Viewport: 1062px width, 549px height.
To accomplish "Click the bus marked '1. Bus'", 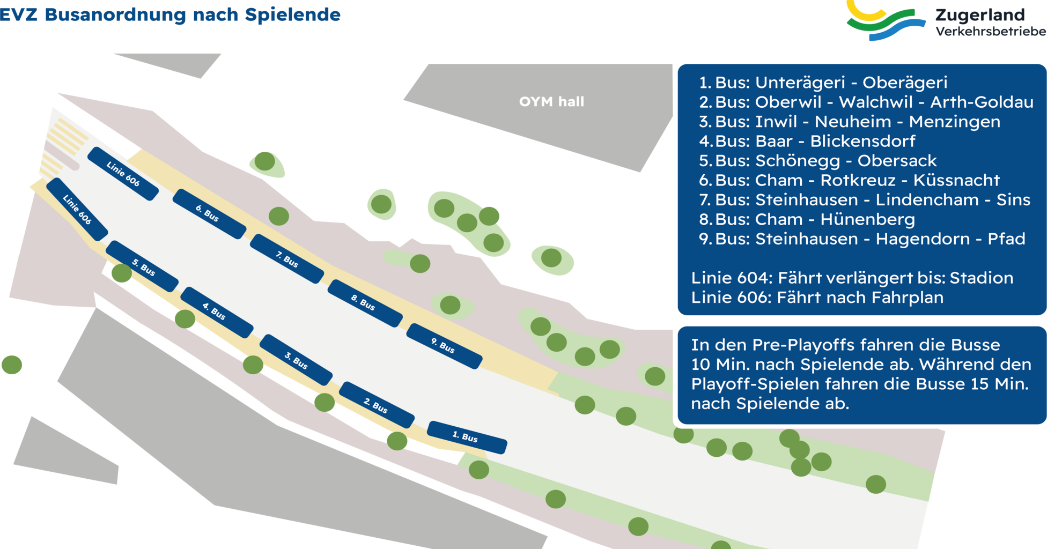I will (x=467, y=437).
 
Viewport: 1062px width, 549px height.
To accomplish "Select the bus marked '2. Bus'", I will (x=377, y=405).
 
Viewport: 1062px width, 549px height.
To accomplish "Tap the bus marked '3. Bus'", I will (x=296, y=360).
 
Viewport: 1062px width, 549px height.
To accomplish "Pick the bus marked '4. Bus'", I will (x=216, y=312).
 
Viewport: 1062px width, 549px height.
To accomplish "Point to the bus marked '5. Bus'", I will (x=142, y=266).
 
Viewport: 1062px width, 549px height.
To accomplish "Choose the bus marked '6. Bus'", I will (x=209, y=213).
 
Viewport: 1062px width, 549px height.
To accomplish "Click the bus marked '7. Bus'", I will (x=287, y=258).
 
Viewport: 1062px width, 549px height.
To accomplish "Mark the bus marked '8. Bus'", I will (x=365, y=303).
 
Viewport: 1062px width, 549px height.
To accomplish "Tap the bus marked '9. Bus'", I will (x=444, y=346).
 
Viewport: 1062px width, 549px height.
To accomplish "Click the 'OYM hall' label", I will (x=551, y=102).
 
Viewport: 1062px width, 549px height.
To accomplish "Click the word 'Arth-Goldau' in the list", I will (x=982, y=102).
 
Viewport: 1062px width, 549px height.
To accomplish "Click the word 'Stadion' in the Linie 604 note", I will (x=981, y=278).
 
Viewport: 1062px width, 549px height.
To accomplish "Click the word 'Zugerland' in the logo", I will (x=980, y=15).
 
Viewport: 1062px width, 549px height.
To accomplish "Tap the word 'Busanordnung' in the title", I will (x=115, y=15).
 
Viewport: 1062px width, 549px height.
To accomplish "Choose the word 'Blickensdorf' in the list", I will (x=862, y=141).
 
